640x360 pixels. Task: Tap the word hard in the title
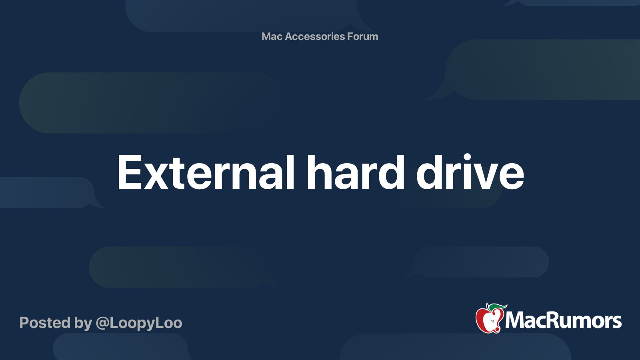pyautogui.click(x=356, y=173)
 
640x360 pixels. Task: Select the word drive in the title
pyautogui.click(x=470, y=173)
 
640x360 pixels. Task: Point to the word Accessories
pyautogui.click(x=315, y=36)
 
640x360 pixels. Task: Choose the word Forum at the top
pyautogui.click(x=363, y=36)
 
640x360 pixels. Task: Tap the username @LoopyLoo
pyautogui.click(x=139, y=323)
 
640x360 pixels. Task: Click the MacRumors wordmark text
pyautogui.click(x=563, y=320)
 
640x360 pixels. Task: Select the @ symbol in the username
pyautogui.click(x=102, y=323)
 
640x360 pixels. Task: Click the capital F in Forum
pyautogui.click(x=350, y=36)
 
